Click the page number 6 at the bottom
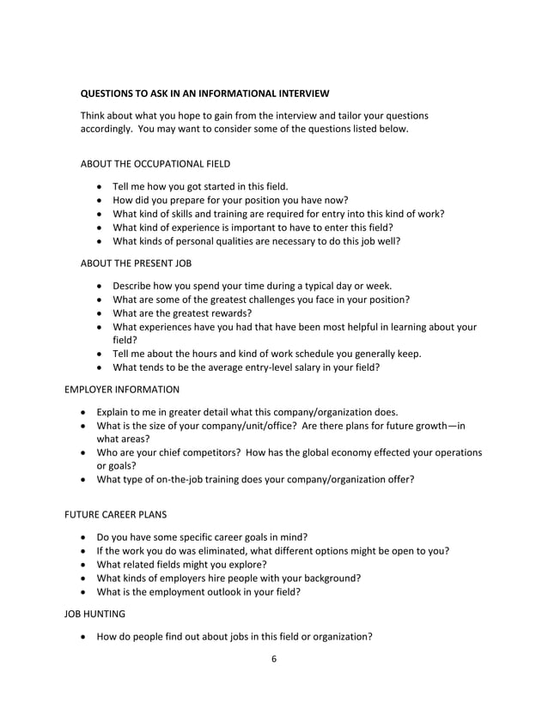[x=273, y=660]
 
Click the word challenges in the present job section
[x=265, y=299]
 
